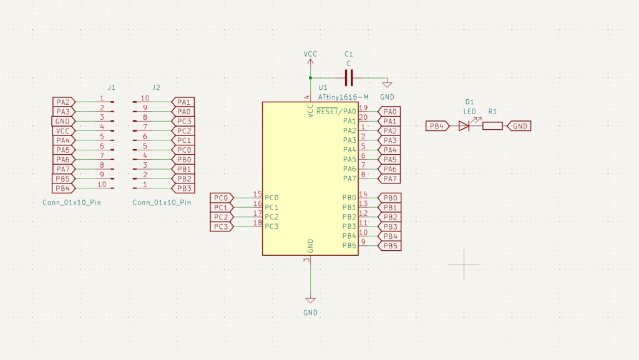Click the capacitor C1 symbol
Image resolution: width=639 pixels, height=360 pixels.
(349, 78)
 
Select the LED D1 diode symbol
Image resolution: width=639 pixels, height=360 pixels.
(464, 126)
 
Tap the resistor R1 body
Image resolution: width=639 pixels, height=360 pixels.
(492, 126)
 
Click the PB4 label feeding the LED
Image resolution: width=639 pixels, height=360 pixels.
(437, 126)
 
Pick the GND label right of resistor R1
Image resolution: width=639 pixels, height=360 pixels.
(520, 126)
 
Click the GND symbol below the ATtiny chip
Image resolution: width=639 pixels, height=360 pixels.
(310, 301)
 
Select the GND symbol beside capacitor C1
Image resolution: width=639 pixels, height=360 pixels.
(387, 85)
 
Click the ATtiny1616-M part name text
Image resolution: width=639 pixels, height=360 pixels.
(343, 97)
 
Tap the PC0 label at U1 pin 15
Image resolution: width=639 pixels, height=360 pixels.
(221, 198)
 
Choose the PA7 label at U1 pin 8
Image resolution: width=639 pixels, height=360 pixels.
(389, 179)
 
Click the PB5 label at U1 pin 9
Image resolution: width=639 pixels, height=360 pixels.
(389, 246)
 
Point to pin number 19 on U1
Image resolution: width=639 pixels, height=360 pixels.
(363, 108)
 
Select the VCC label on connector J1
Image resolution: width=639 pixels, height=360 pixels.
(63, 131)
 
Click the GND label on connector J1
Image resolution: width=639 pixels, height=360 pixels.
(62, 121)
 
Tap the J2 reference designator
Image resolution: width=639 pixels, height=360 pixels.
(156, 87)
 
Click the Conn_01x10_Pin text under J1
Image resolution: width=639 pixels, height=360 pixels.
(72, 203)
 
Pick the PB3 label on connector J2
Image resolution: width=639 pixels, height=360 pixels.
(184, 188)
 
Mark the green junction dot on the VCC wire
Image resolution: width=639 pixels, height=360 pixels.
(310, 78)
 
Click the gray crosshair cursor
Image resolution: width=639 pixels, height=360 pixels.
(464, 264)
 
